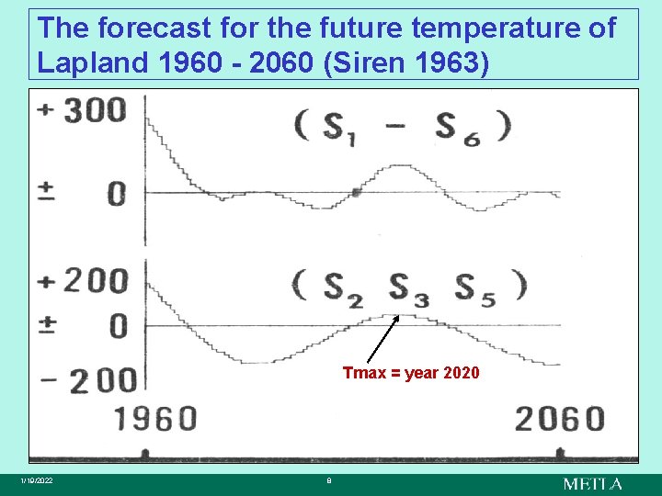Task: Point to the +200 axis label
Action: pos(82,279)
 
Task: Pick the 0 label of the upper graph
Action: pos(118,195)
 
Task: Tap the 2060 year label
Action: pos(558,419)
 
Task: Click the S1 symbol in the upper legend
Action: pos(341,127)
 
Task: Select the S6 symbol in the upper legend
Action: pos(457,127)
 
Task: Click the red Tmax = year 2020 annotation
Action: pos(410,373)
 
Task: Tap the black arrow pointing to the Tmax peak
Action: pos(382,338)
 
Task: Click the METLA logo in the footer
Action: pos(592,483)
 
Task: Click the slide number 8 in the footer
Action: pos(329,481)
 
